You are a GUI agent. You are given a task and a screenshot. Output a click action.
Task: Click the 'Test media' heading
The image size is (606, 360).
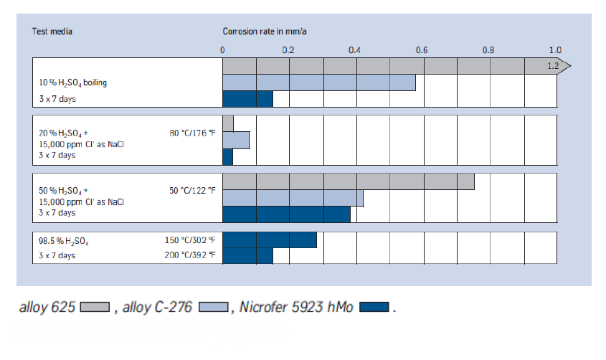click(52, 32)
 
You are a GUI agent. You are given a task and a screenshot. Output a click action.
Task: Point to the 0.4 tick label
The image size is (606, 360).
click(354, 50)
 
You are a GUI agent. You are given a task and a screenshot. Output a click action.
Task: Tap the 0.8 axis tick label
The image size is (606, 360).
click(488, 50)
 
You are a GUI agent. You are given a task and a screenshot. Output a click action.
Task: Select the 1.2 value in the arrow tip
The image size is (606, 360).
click(553, 66)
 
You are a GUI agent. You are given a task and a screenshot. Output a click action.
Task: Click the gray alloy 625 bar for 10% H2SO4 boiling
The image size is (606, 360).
click(387, 66)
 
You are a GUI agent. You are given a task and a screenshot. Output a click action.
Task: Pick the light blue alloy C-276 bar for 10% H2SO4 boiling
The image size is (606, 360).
click(318, 82)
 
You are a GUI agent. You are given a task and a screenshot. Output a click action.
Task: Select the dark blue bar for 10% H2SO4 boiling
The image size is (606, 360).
click(247, 99)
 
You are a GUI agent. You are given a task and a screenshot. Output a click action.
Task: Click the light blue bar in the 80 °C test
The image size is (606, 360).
click(236, 140)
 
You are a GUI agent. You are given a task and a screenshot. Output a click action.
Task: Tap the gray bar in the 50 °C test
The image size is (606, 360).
click(348, 181)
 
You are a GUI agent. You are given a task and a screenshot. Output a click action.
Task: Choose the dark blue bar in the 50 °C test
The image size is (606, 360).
click(286, 214)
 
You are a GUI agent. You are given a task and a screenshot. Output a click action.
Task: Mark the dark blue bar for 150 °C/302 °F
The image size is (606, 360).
click(269, 240)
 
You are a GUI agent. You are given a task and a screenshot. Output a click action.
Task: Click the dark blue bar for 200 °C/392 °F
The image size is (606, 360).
click(247, 256)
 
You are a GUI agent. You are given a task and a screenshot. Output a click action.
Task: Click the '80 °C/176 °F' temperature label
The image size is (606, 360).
click(192, 133)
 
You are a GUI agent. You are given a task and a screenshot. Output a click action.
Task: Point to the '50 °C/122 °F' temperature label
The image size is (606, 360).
click(192, 191)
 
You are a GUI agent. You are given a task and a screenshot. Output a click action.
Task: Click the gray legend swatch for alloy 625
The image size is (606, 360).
click(94, 308)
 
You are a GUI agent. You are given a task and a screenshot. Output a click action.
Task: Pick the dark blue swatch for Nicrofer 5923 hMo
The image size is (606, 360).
click(374, 308)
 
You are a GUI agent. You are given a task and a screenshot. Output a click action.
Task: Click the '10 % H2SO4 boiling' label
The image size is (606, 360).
click(73, 83)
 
